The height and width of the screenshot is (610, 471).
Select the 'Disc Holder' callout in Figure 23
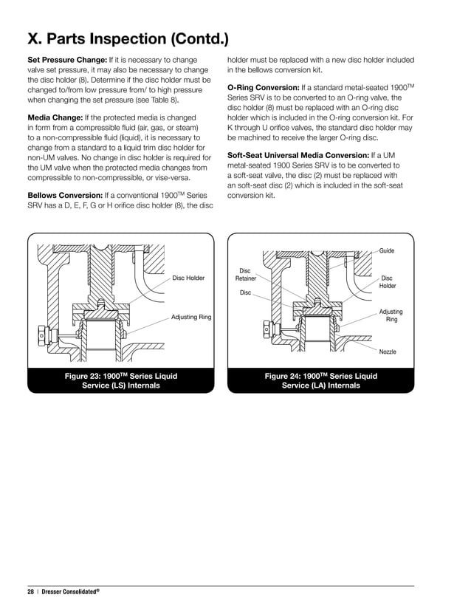coord(188,278)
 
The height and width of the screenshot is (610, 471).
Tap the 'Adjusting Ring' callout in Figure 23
coord(191,317)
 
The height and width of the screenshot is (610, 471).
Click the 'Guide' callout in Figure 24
coord(387,251)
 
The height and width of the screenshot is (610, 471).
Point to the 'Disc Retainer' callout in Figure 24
coord(245,275)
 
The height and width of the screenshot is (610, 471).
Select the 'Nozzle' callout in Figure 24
coord(388,352)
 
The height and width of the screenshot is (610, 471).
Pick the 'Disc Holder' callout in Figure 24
coord(388,282)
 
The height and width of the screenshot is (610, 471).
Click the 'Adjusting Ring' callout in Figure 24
coord(391,316)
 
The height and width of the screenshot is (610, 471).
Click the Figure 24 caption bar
coord(320,381)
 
